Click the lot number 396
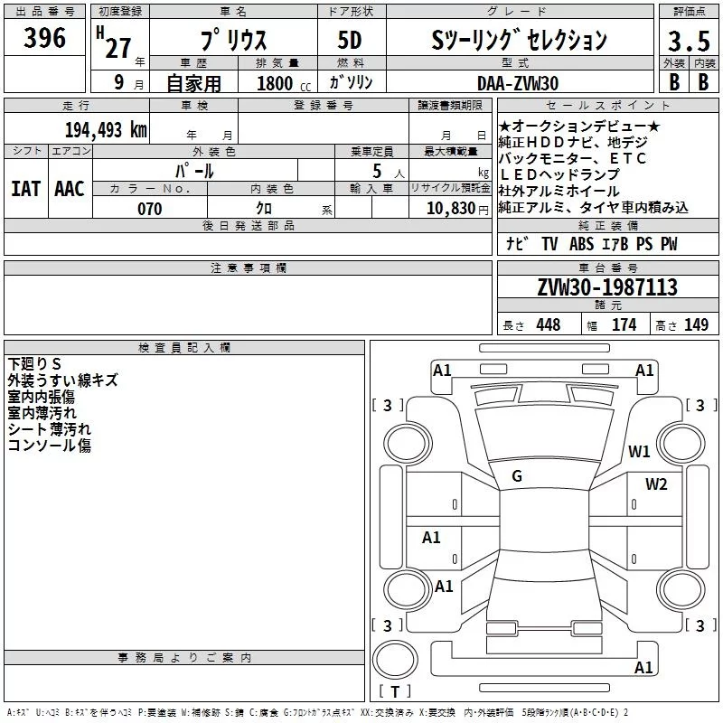tap(44, 38)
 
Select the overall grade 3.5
tap(689, 42)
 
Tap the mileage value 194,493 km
tap(106, 130)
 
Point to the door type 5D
tap(350, 41)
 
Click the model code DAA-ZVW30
tap(518, 83)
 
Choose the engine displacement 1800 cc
tap(284, 83)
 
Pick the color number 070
tap(150, 209)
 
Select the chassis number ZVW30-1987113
tap(607, 287)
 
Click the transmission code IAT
tap(26, 189)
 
